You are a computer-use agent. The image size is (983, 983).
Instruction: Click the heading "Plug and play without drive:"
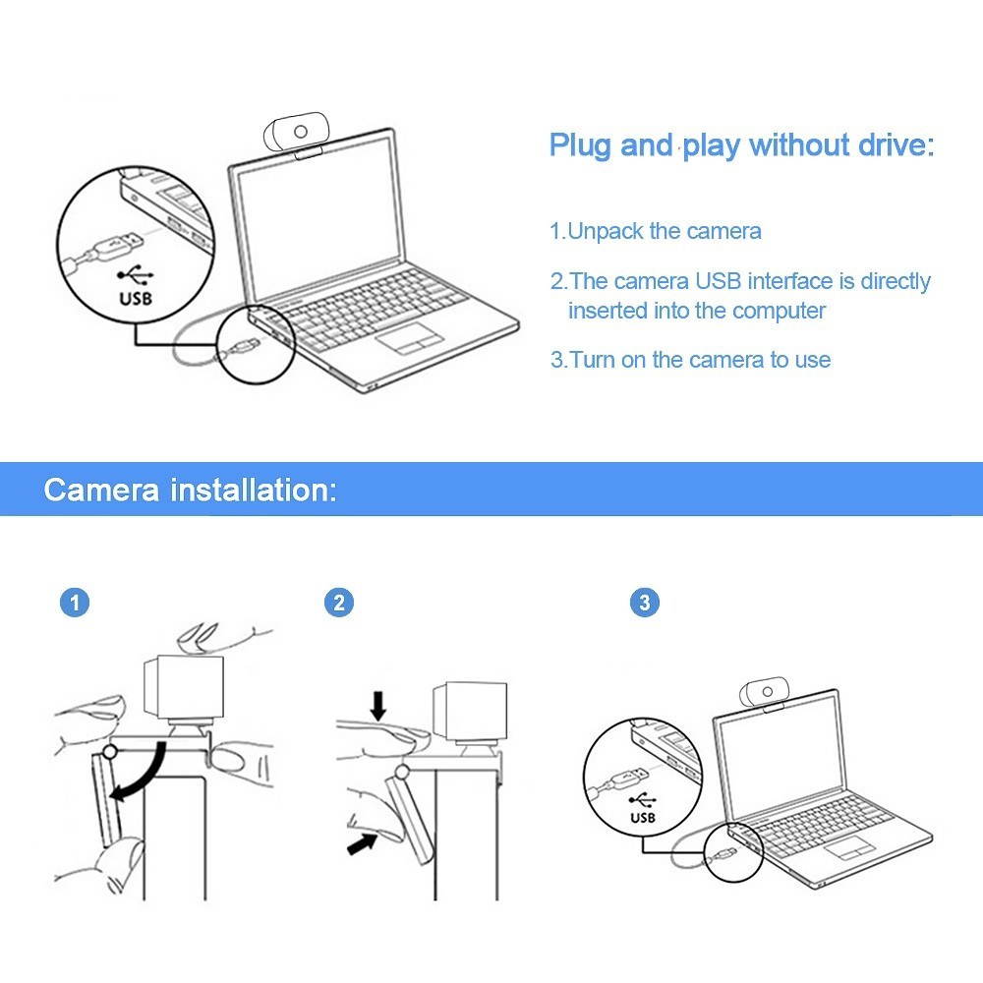point(741,145)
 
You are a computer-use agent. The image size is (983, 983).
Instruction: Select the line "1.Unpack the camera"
point(655,232)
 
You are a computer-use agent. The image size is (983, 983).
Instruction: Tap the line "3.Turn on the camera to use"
point(690,360)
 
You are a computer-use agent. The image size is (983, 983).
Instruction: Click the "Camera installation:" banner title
point(190,490)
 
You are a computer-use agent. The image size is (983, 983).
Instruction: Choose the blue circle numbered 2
point(339,603)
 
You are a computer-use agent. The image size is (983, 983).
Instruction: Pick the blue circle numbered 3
point(645,603)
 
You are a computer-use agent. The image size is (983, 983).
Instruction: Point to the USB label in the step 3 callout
point(644,817)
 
